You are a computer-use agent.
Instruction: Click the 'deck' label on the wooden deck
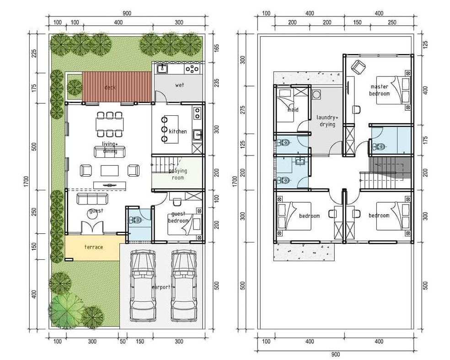(110, 87)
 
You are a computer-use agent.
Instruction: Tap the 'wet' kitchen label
(179, 85)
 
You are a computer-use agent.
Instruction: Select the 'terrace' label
(94, 247)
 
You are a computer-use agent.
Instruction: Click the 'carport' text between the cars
(161, 287)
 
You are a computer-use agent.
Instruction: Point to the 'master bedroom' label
(380, 90)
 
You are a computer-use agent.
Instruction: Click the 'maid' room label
(293, 110)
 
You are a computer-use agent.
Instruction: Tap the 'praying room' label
(178, 174)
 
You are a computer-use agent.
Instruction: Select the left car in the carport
(143, 285)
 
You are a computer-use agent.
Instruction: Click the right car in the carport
(184, 285)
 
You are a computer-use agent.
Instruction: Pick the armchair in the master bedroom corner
(358, 67)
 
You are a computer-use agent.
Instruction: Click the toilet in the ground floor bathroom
(136, 220)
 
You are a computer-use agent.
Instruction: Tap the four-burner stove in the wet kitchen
(192, 69)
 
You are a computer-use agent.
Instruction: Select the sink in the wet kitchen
(163, 69)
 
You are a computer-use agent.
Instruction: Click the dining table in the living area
(110, 124)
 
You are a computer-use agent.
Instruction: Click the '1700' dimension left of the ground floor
(26, 182)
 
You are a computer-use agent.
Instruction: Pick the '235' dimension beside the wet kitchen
(217, 83)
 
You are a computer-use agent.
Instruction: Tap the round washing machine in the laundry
(316, 94)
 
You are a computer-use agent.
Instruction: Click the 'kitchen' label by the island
(178, 131)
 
